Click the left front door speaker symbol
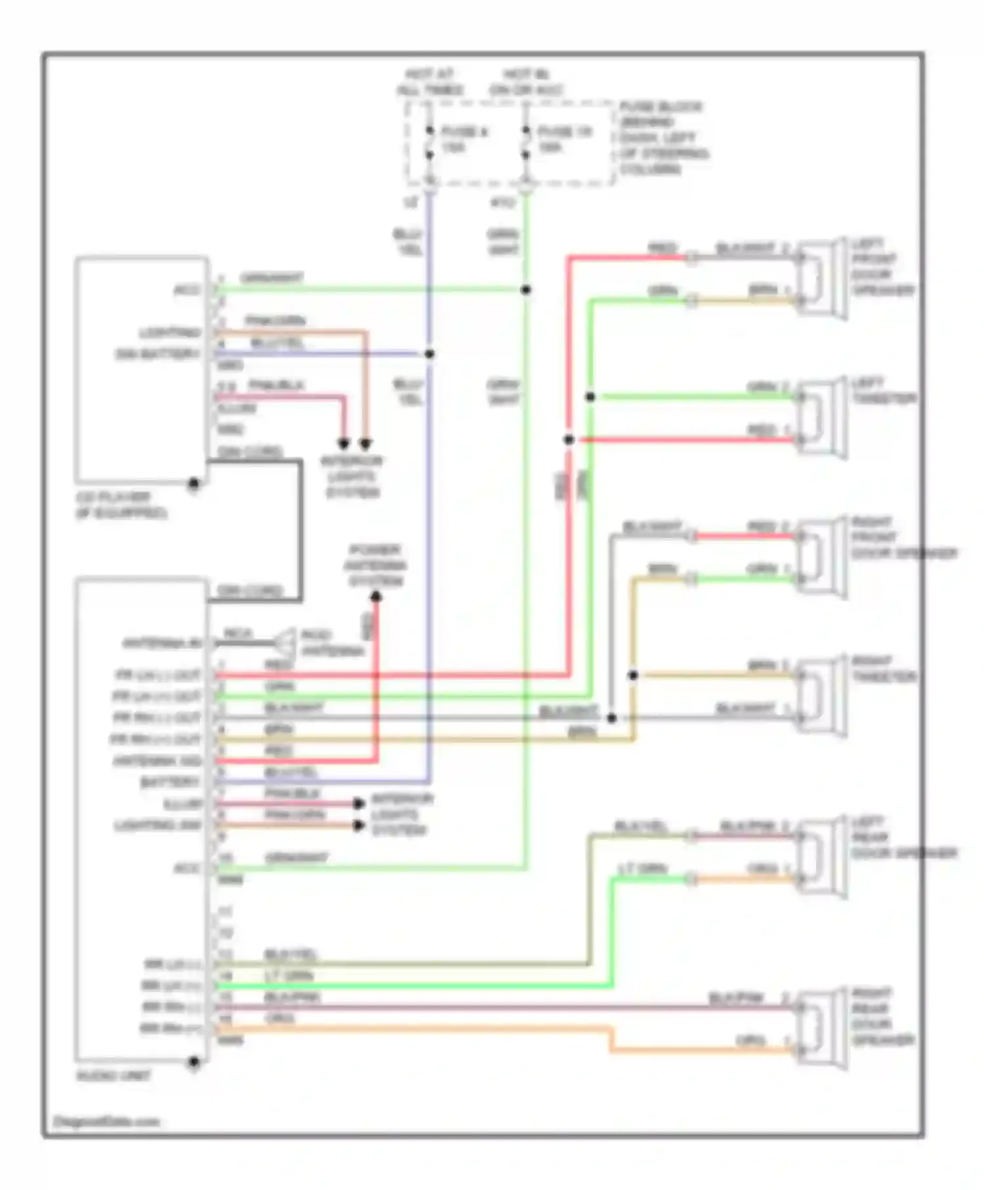tap(821, 278)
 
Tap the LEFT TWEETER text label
tap(883, 391)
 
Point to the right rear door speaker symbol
tap(821, 1028)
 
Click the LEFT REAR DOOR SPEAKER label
tap(903, 838)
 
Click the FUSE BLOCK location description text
tap(663, 138)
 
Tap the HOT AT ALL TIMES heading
tap(430, 82)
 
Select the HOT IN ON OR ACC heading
tap(526, 82)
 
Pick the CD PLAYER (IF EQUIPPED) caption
tap(121, 505)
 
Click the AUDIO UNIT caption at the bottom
tap(113, 1076)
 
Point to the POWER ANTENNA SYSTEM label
tap(375, 565)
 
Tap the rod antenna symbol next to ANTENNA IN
tap(287, 642)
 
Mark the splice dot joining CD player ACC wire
tap(526, 289)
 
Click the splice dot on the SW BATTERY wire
tap(430, 354)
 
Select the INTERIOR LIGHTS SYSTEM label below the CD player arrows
tap(352, 477)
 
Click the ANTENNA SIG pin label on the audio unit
tap(157, 761)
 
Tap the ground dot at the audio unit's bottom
tap(194, 1061)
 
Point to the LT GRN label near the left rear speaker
tap(642, 869)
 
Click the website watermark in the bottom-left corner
tap(105, 1122)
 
